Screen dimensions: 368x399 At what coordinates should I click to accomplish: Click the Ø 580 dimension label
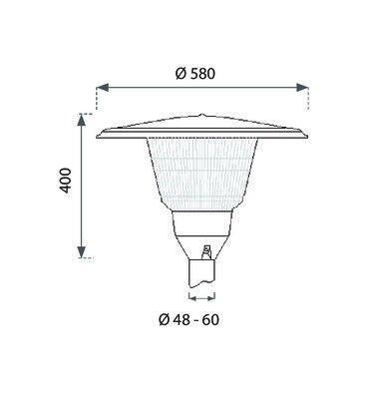click(x=195, y=74)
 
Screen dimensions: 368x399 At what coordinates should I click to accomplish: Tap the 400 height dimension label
click(x=65, y=181)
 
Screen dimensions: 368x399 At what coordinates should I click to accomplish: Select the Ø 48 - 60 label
click(x=188, y=320)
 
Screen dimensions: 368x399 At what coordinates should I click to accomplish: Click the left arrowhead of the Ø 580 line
click(x=103, y=88)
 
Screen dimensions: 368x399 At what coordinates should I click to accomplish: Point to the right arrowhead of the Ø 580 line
click(x=302, y=88)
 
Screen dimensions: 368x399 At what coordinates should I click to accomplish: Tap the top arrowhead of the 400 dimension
click(x=82, y=120)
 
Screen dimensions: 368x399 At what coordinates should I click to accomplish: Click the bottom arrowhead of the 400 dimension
click(x=82, y=251)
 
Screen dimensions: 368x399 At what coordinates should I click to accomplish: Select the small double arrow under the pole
click(x=201, y=298)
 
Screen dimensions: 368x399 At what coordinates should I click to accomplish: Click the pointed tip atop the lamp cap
click(x=201, y=116)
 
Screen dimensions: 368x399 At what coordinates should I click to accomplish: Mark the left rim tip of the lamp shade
click(x=98, y=136)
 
